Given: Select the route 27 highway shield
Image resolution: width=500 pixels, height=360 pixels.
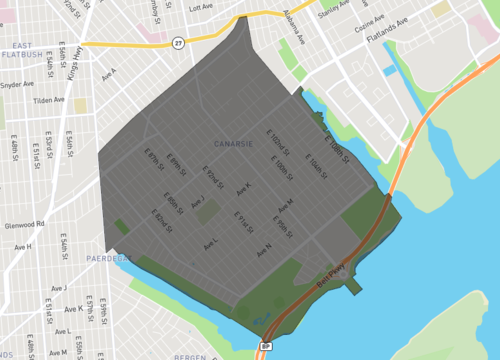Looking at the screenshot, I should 177,42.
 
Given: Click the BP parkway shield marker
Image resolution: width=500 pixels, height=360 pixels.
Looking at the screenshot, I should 267,346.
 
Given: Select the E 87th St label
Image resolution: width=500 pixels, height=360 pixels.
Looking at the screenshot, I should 154,160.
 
